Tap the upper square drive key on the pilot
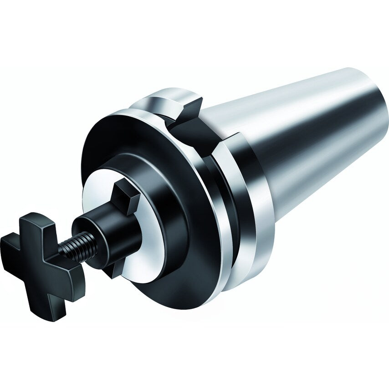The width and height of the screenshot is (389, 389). (x=125, y=196)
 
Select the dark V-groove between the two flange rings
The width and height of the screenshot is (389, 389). (x=228, y=205)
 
